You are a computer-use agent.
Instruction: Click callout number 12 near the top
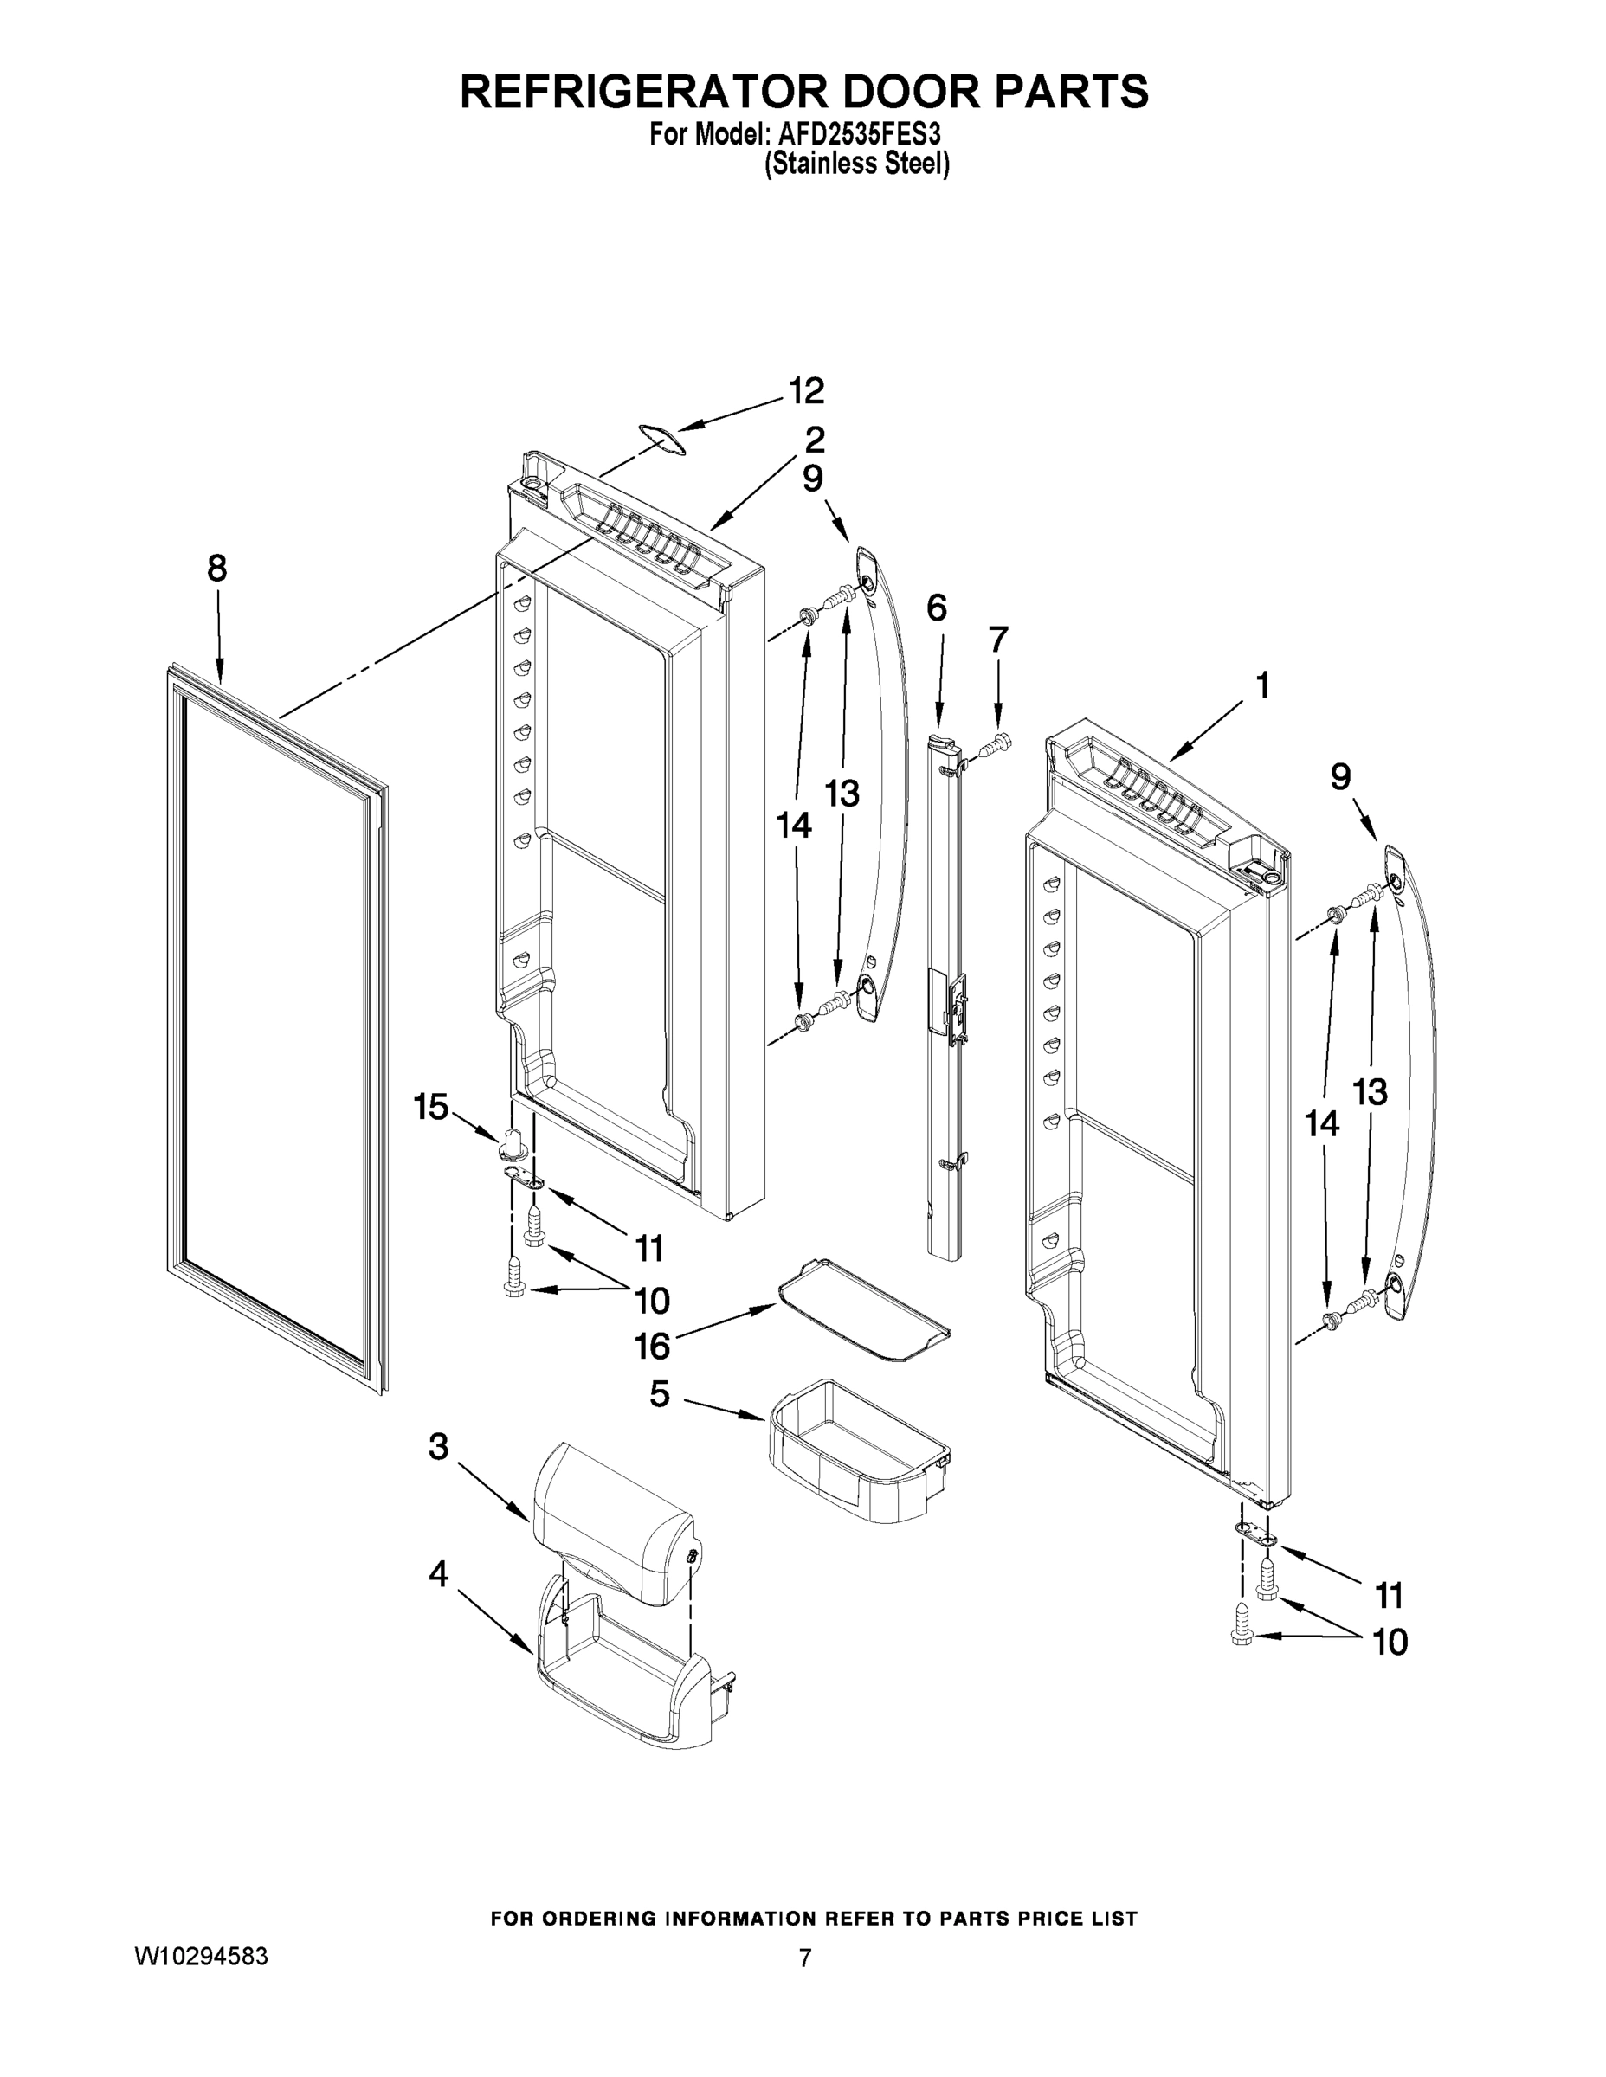[806, 391]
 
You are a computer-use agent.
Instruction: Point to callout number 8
[217, 569]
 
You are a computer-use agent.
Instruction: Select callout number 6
[936, 607]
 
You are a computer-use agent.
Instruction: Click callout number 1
[1261, 685]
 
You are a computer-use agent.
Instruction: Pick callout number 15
[430, 1106]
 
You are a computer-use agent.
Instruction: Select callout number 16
[653, 1346]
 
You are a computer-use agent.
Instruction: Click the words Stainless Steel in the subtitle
[857, 164]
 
